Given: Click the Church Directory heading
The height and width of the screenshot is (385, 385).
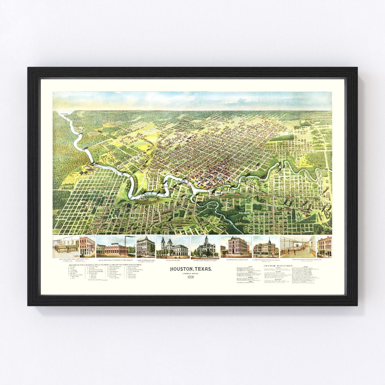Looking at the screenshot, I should (x=278, y=266).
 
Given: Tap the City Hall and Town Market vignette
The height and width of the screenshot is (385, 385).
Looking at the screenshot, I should (x=173, y=247).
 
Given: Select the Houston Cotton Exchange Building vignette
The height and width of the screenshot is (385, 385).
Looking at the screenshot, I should (x=236, y=247).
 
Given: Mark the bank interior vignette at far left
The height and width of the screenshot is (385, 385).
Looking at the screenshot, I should (x=66, y=247).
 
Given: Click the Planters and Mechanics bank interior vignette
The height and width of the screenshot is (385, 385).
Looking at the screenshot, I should (x=297, y=247).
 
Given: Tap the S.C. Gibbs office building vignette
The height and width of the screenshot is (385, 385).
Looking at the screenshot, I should (x=266, y=247).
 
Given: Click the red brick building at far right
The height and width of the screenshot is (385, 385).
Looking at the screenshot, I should (x=324, y=247).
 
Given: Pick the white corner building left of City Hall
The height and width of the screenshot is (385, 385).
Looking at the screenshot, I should (x=145, y=247).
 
